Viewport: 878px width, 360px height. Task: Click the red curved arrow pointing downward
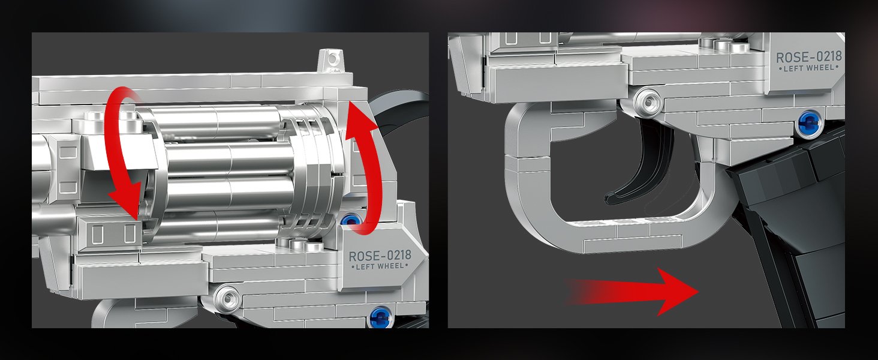(x=117, y=157)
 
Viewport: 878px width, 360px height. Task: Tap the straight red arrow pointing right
(x=631, y=292)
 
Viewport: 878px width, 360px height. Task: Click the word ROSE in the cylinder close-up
(x=364, y=256)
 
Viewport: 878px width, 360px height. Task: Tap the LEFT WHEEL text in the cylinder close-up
(x=380, y=266)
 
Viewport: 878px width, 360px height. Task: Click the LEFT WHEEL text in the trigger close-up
(x=809, y=68)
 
